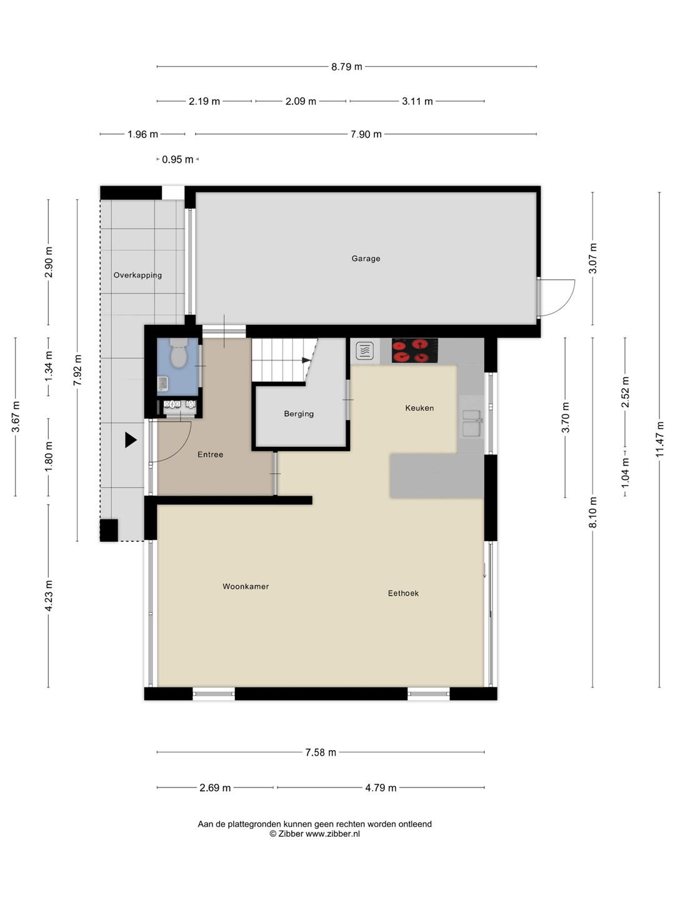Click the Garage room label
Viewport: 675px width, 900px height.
coord(366,258)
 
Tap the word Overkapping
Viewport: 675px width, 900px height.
coord(137,275)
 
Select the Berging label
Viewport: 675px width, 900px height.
coord(299,414)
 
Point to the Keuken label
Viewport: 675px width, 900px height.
coord(419,407)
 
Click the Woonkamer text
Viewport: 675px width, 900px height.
coord(246,586)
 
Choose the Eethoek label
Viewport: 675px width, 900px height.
coord(403,593)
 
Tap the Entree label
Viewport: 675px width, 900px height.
coord(210,454)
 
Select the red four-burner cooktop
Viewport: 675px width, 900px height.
coord(415,351)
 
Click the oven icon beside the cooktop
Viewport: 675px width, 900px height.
coord(365,351)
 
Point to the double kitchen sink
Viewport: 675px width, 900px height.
coord(472,423)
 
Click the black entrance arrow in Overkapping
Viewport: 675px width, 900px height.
coord(131,440)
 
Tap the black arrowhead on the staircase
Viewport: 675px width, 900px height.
coord(306,360)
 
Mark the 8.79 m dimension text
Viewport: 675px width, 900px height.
coord(347,66)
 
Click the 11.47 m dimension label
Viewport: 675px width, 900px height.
coord(659,439)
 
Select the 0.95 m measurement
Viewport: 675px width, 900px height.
coord(177,159)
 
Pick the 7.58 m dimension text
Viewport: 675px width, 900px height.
coord(321,752)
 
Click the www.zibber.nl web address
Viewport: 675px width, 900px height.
coord(332,834)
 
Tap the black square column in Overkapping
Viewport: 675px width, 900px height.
coord(109,530)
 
